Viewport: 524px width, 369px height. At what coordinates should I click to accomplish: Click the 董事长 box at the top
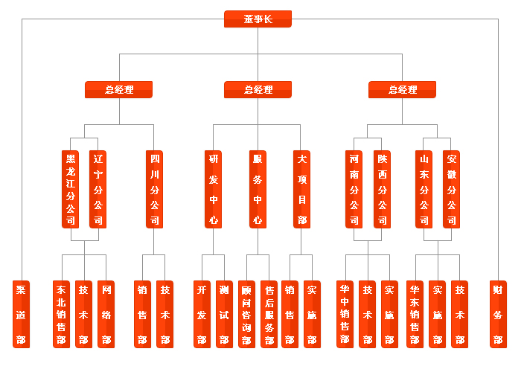pyautogui.click(x=258, y=19)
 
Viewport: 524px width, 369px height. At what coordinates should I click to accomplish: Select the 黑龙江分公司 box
pyautogui.click(x=71, y=189)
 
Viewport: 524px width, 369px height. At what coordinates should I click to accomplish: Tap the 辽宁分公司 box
pyautogui.click(x=98, y=189)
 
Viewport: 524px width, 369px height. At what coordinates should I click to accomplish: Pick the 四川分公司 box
pyautogui.click(x=154, y=189)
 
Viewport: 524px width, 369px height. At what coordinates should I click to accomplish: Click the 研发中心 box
pyautogui.click(x=214, y=189)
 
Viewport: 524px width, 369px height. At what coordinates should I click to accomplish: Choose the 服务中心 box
pyautogui.click(x=258, y=189)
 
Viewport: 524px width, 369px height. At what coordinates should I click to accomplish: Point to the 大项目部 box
pyautogui.click(x=301, y=189)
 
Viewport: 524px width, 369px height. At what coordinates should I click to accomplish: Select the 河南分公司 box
pyautogui.click(x=354, y=189)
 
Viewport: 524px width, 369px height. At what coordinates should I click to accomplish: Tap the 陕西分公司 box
pyautogui.click(x=382, y=189)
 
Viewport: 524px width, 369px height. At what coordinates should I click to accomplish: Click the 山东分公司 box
pyautogui.click(x=424, y=189)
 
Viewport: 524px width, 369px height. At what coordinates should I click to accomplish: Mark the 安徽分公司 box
pyautogui.click(x=452, y=189)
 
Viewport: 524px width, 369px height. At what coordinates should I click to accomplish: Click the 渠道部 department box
pyautogui.click(x=22, y=314)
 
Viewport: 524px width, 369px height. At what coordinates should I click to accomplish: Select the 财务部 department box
pyautogui.click(x=497, y=314)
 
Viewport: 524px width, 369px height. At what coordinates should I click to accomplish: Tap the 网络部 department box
pyautogui.click(x=106, y=314)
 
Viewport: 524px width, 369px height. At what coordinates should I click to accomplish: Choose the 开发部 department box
pyautogui.click(x=202, y=314)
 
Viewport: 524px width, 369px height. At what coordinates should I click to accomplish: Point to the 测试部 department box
pyautogui.click(x=224, y=314)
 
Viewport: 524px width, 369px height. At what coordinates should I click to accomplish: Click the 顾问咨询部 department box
pyautogui.click(x=246, y=314)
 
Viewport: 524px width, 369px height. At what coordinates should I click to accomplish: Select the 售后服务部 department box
pyautogui.click(x=269, y=314)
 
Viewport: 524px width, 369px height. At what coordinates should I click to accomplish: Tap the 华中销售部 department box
pyautogui.click(x=345, y=314)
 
